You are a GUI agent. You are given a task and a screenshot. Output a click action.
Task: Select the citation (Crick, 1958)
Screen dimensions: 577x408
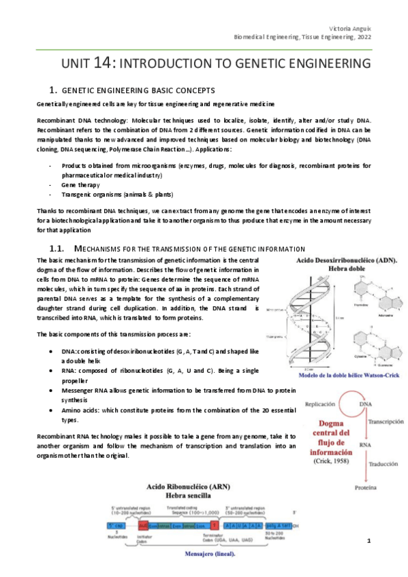(322, 461)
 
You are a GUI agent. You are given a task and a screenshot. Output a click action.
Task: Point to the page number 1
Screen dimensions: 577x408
(368, 541)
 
